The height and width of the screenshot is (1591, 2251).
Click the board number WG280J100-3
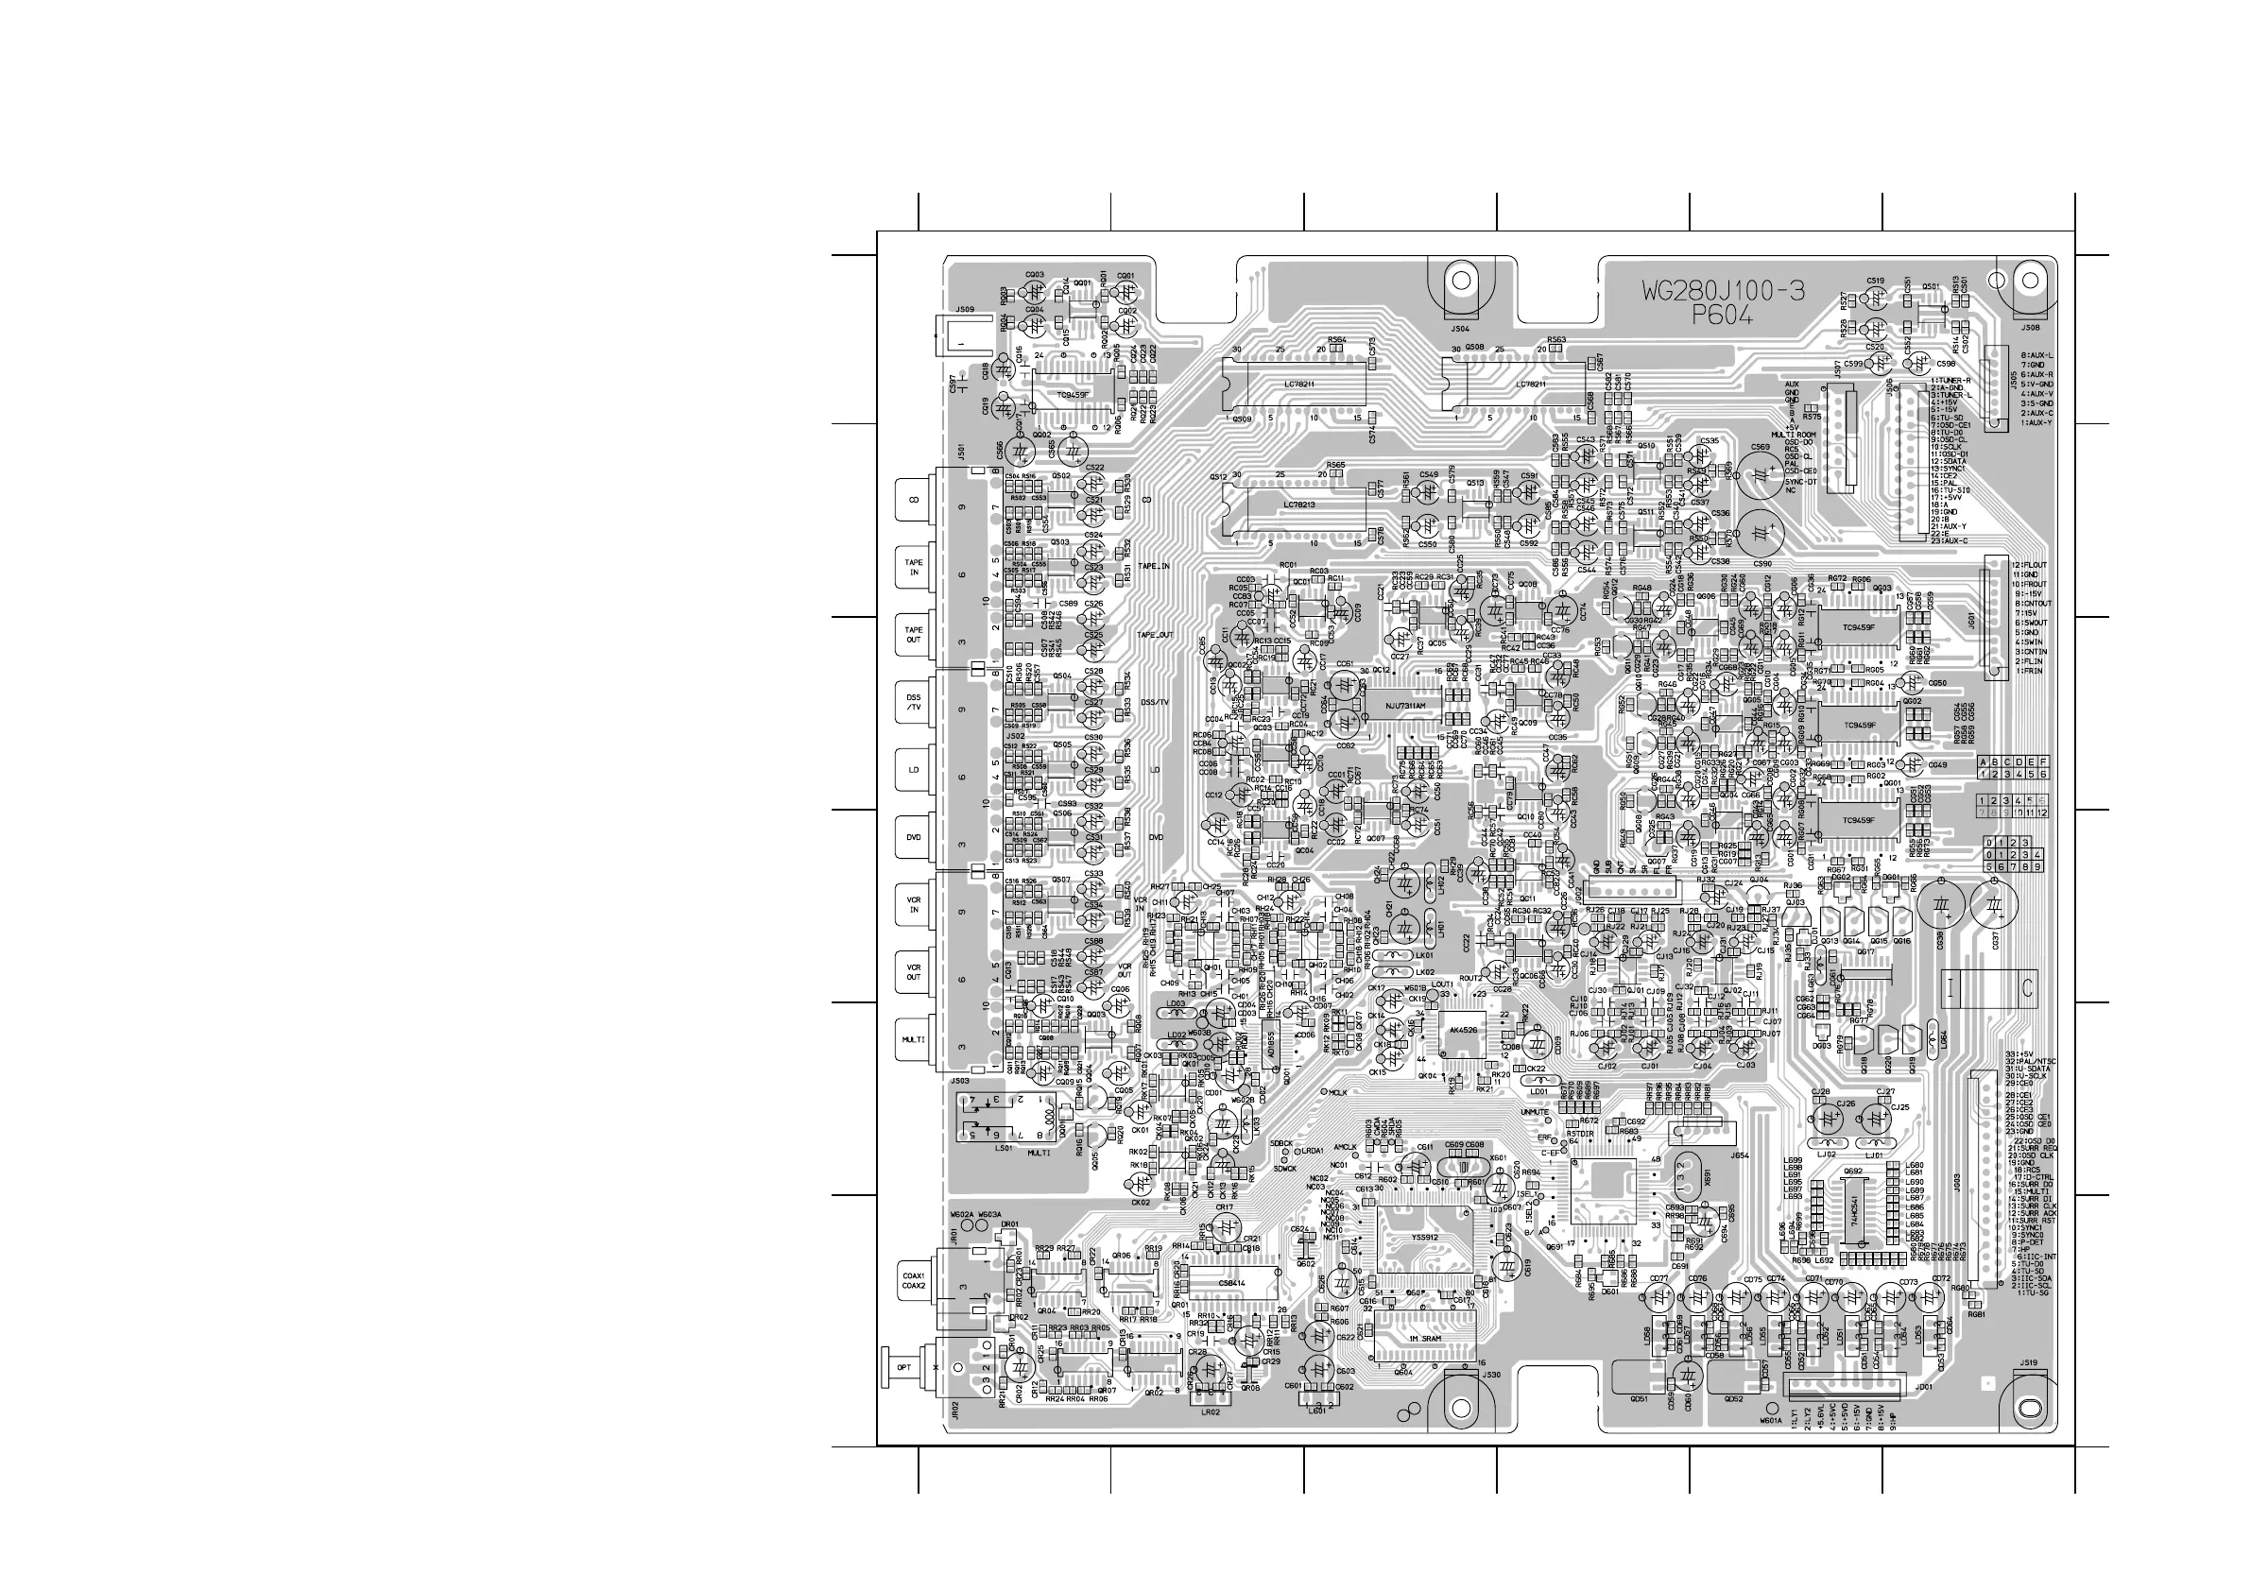(x=1724, y=291)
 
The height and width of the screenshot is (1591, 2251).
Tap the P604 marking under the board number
(x=1723, y=316)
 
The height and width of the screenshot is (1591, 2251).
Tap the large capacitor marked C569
(x=1761, y=474)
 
